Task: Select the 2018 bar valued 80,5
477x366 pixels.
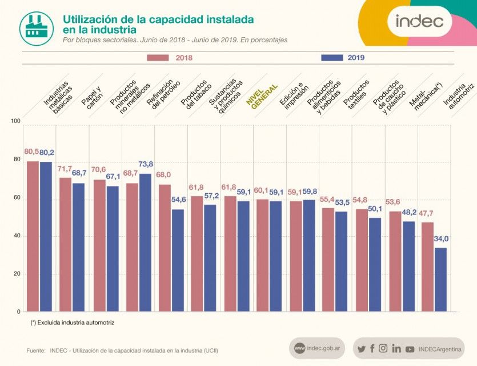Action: pos(33,236)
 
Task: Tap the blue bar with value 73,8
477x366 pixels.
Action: pos(145,242)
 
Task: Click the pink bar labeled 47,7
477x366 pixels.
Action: pos(427,266)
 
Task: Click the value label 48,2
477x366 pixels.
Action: pos(409,212)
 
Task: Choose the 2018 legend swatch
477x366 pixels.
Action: pos(158,58)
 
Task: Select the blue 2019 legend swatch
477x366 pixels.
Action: pos(332,58)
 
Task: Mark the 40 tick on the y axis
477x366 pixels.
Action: pos(15,236)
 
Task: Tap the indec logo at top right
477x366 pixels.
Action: pos(419,21)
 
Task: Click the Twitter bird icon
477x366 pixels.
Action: pos(361,349)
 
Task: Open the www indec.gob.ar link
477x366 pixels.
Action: pos(316,348)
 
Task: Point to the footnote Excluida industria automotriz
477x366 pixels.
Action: pos(73,323)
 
